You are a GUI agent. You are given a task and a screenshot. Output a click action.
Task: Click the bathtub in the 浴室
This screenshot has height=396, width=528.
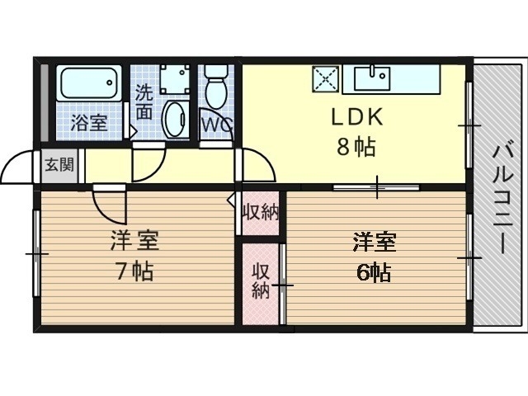(x=89, y=85)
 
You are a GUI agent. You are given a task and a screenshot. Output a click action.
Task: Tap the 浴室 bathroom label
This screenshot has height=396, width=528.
(x=89, y=124)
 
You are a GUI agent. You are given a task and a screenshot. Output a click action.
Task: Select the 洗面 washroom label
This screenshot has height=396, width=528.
(x=144, y=100)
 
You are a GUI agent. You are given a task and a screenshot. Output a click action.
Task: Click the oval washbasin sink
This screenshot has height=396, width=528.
(x=175, y=120)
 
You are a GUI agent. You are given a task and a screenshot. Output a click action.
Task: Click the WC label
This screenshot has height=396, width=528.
(x=217, y=124)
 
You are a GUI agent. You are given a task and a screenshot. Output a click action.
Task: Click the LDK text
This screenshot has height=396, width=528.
(x=354, y=118)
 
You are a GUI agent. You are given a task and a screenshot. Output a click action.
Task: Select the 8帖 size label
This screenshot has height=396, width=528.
(x=356, y=148)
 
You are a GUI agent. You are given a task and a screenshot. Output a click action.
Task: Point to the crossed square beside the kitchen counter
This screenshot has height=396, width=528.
(x=326, y=80)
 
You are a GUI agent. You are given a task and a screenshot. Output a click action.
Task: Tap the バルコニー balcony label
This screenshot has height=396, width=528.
(x=500, y=198)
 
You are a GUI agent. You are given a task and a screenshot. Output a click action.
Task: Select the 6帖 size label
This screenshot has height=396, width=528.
(x=374, y=271)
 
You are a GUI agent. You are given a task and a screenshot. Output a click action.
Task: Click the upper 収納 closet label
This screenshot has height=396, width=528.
(x=260, y=212)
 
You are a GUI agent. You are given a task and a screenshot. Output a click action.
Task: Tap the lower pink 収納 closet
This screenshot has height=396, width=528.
(x=261, y=280)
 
